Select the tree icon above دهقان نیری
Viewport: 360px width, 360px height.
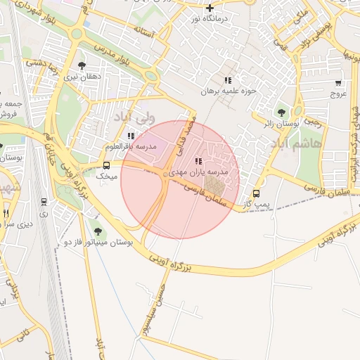click(x=82, y=65)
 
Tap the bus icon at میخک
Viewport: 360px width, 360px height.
click(x=106, y=166)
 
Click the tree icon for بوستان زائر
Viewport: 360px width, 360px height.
click(x=281, y=112)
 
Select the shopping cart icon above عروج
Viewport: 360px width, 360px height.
click(x=338, y=83)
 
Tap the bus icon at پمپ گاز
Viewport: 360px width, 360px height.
click(x=255, y=193)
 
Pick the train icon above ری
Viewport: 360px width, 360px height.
click(x=44, y=201)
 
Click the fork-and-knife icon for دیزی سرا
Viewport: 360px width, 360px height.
click(x=6, y=212)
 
